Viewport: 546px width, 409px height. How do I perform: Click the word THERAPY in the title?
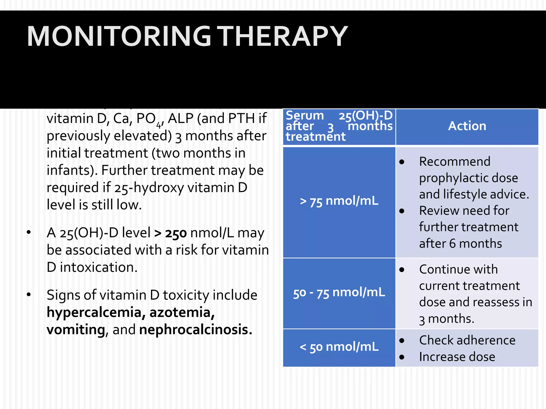click(x=283, y=36)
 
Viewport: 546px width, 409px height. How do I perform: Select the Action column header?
click(x=467, y=126)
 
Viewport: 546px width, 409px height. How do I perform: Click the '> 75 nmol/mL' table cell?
click(x=339, y=201)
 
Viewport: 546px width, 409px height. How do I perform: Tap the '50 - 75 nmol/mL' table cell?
click(x=339, y=293)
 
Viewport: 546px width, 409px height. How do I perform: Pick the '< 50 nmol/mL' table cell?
click(x=339, y=347)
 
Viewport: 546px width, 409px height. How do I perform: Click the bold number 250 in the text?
click(x=176, y=234)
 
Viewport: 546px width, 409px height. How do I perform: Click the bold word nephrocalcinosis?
click(x=195, y=330)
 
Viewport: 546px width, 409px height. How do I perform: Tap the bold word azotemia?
click(x=182, y=313)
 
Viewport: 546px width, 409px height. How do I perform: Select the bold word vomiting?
click(x=76, y=330)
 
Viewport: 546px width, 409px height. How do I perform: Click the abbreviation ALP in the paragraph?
click(x=180, y=118)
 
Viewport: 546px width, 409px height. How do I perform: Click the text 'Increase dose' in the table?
click(x=457, y=357)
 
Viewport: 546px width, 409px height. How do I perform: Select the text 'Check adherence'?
click(x=467, y=340)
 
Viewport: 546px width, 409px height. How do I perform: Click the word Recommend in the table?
click(x=455, y=162)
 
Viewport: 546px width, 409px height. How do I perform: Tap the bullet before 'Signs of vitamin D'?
click(x=29, y=295)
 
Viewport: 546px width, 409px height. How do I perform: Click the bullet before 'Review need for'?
click(x=402, y=211)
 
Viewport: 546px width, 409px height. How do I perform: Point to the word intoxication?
click(x=99, y=267)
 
